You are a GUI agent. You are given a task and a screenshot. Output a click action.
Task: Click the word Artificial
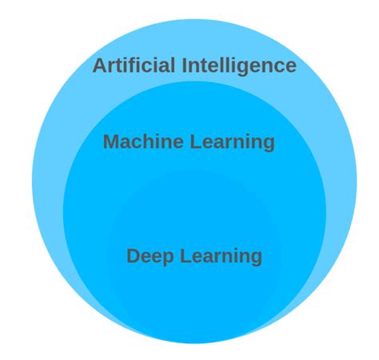[x=134, y=65]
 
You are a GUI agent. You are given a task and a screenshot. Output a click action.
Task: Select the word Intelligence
[x=240, y=66]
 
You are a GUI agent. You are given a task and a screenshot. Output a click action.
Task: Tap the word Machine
[x=143, y=142]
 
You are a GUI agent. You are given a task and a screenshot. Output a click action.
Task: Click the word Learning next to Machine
[x=233, y=143]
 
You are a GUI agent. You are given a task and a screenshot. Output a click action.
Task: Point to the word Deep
[x=150, y=257]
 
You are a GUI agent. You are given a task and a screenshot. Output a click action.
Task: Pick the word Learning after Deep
[x=221, y=257]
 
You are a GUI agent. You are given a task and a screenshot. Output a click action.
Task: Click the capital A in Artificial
[x=100, y=66]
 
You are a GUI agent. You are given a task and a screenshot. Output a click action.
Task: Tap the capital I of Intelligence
[x=185, y=66]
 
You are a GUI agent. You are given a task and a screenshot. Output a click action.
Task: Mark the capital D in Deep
[x=134, y=255]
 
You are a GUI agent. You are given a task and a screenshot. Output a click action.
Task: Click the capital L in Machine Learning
[x=195, y=142]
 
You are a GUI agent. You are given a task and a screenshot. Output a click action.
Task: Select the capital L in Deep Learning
[x=186, y=255]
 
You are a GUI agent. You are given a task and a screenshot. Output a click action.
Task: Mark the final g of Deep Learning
[x=257, y=259]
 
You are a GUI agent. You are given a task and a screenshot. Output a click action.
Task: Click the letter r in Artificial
[x=112, y=67]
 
